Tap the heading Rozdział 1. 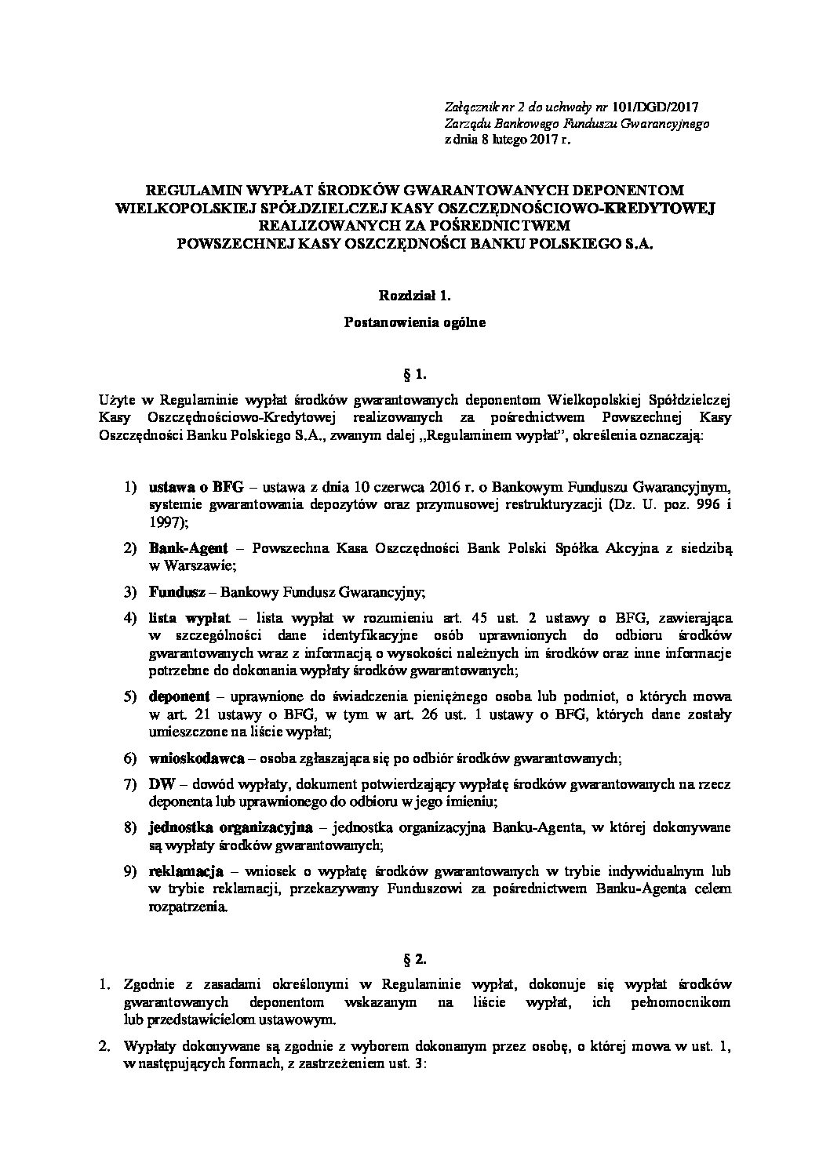pyautogui.click(x=415, y=296)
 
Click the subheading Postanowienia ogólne pyautogui.click(x=415, y=322)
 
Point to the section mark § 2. pyautogui.click(x=415, y=958)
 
